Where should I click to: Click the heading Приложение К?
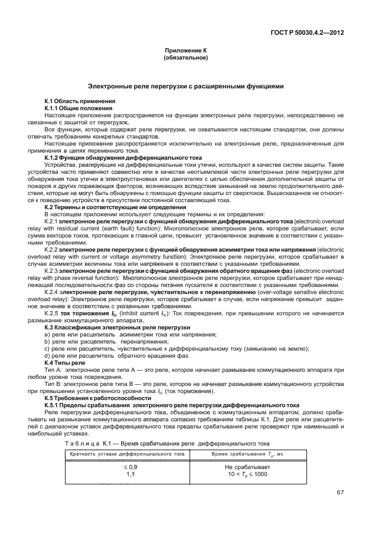point(186,51)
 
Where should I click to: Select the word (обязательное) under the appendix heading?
point(186,58)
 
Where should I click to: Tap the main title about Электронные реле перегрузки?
point(186,86)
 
